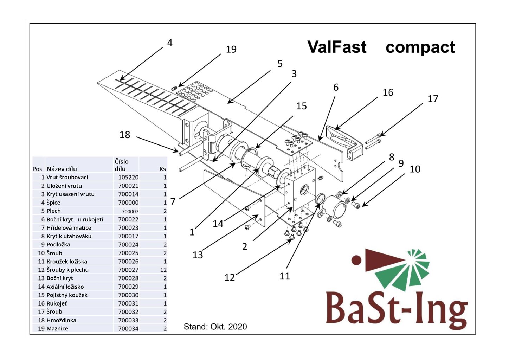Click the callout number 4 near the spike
170,43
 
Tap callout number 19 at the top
231,49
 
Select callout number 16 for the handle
388,92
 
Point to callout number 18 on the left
125,135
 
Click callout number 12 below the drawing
229,278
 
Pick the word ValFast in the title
337,47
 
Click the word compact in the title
420,47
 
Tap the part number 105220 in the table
128,178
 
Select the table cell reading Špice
53,202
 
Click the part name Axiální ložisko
65,287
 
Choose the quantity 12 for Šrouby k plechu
163,270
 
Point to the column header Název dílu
62,169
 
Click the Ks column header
162,169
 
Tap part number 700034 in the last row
128,329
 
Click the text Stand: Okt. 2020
215,327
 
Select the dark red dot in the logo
356,260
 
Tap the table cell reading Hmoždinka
61,320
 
